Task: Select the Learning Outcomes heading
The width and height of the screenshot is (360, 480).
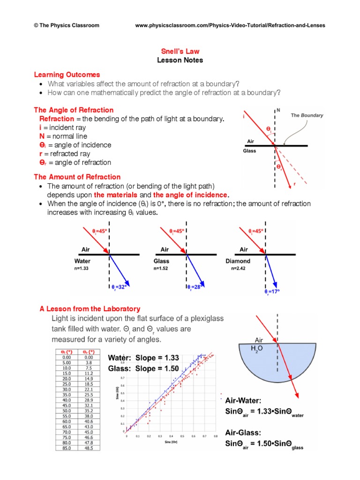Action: click(67, 75)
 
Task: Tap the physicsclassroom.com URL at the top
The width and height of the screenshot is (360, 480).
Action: click(230, 25)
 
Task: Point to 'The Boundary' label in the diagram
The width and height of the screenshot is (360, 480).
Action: click(307, 115)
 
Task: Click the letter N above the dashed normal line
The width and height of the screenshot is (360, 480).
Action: click(278, 111)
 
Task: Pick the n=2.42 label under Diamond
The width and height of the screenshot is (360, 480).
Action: click(239, 269)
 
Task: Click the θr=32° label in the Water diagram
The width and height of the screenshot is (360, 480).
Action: click(120, 287)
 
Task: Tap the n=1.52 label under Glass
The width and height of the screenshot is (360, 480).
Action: click(161, 269)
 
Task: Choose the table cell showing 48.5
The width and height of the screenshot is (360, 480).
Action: click(88, 448)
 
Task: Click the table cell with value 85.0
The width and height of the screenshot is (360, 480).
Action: click(66, 448)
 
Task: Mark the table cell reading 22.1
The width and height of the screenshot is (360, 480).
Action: click(88, 389)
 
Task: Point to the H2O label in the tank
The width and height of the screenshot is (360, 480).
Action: click(257, 348)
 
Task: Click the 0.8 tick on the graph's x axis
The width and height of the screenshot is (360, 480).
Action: click(215, 436)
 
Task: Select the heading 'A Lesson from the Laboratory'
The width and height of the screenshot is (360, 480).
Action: click(90, 309)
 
